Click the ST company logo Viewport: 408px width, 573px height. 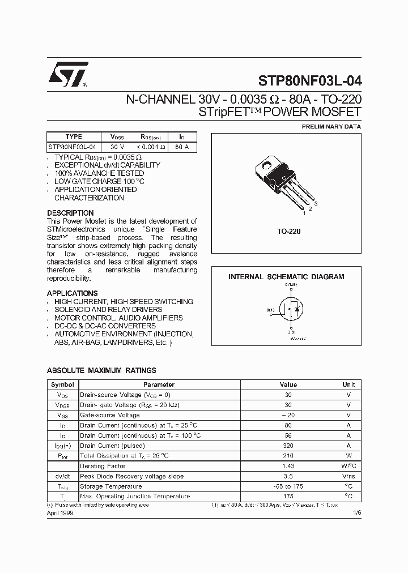67,74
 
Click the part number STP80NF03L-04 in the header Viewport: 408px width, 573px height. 309,80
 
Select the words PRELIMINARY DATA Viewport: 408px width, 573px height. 331,127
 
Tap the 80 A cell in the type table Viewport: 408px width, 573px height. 182,147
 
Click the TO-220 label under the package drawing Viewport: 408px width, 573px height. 288,232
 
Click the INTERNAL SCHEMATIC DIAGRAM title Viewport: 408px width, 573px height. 286,277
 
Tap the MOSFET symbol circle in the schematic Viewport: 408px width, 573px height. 292,311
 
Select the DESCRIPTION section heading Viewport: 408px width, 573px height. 70,213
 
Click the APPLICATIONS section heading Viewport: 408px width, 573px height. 72,293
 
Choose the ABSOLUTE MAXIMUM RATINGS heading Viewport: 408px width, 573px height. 101,370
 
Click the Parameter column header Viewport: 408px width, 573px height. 158,384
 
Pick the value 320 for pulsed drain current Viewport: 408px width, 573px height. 288,446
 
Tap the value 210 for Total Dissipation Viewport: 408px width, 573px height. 288,456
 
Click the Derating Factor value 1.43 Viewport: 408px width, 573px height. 288,466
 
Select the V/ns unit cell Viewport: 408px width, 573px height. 348,476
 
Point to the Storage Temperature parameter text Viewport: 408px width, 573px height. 111,486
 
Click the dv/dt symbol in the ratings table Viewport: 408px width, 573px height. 62,476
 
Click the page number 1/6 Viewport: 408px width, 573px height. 356,512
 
